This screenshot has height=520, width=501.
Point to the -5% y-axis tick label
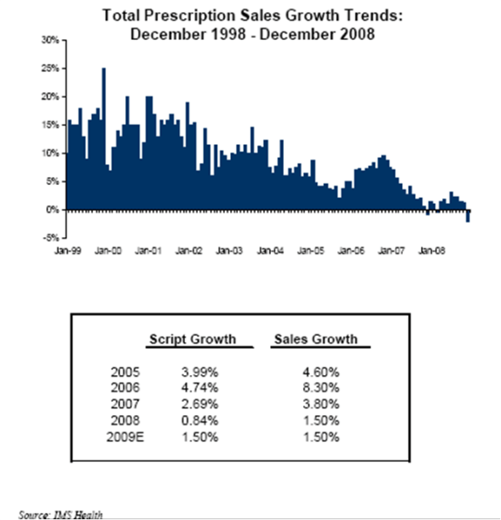pos(49,238)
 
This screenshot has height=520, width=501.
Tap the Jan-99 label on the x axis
pos(66,251)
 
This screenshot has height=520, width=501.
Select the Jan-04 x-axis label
pos(269,251)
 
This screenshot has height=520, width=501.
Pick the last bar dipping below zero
pos(468,217)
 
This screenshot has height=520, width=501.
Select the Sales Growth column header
pos(315,338)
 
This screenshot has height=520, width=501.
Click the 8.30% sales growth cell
pos(323,388)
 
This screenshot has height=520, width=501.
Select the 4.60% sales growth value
pos(323,372)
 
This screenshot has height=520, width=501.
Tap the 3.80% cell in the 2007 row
pos(323,404)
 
